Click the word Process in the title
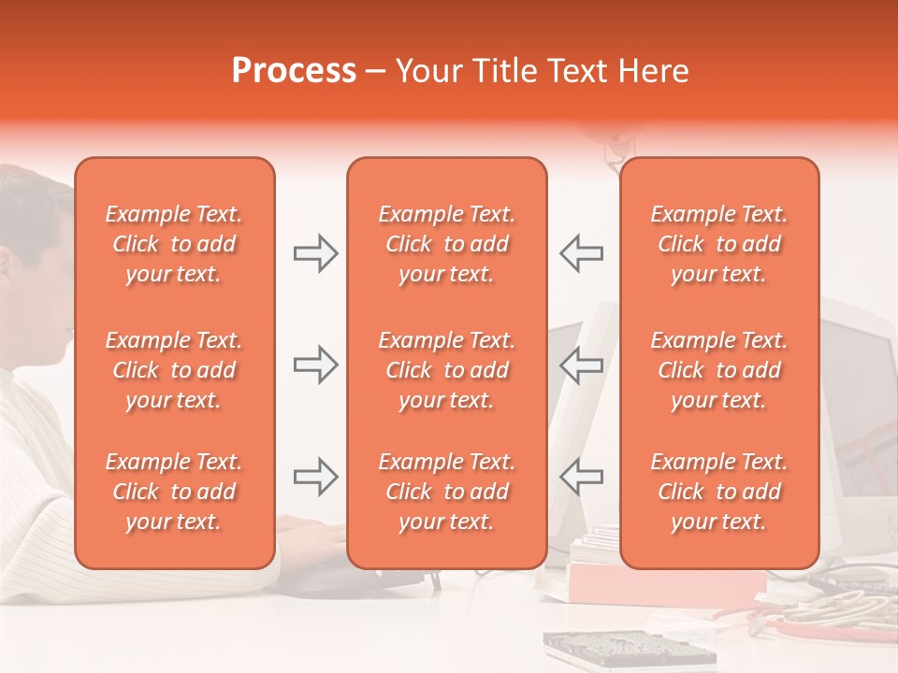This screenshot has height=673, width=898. pos(294,71)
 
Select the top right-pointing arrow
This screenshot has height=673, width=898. pos(315,253)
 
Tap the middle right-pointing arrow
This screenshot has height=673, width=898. pos(315,365)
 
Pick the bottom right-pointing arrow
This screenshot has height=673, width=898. pos(315,477)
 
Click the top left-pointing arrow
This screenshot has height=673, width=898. pos(581,253)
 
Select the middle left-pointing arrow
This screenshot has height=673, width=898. pos(581,365)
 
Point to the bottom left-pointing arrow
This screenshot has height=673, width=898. pos(581,477)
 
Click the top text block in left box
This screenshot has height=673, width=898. pos(174,244)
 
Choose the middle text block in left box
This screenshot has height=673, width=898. pos(174,370)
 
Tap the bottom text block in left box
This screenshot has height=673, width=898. pos(174,492)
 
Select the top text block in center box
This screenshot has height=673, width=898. pos(446,244)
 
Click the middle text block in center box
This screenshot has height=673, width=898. pos(446,370)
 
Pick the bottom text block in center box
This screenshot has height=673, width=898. pos(446,492)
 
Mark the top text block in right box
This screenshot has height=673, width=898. pos(718,244)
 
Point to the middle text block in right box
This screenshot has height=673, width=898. pos(718,370)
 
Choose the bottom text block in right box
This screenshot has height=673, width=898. pos(718,492)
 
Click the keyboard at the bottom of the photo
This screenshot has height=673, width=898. pos(627,651)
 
